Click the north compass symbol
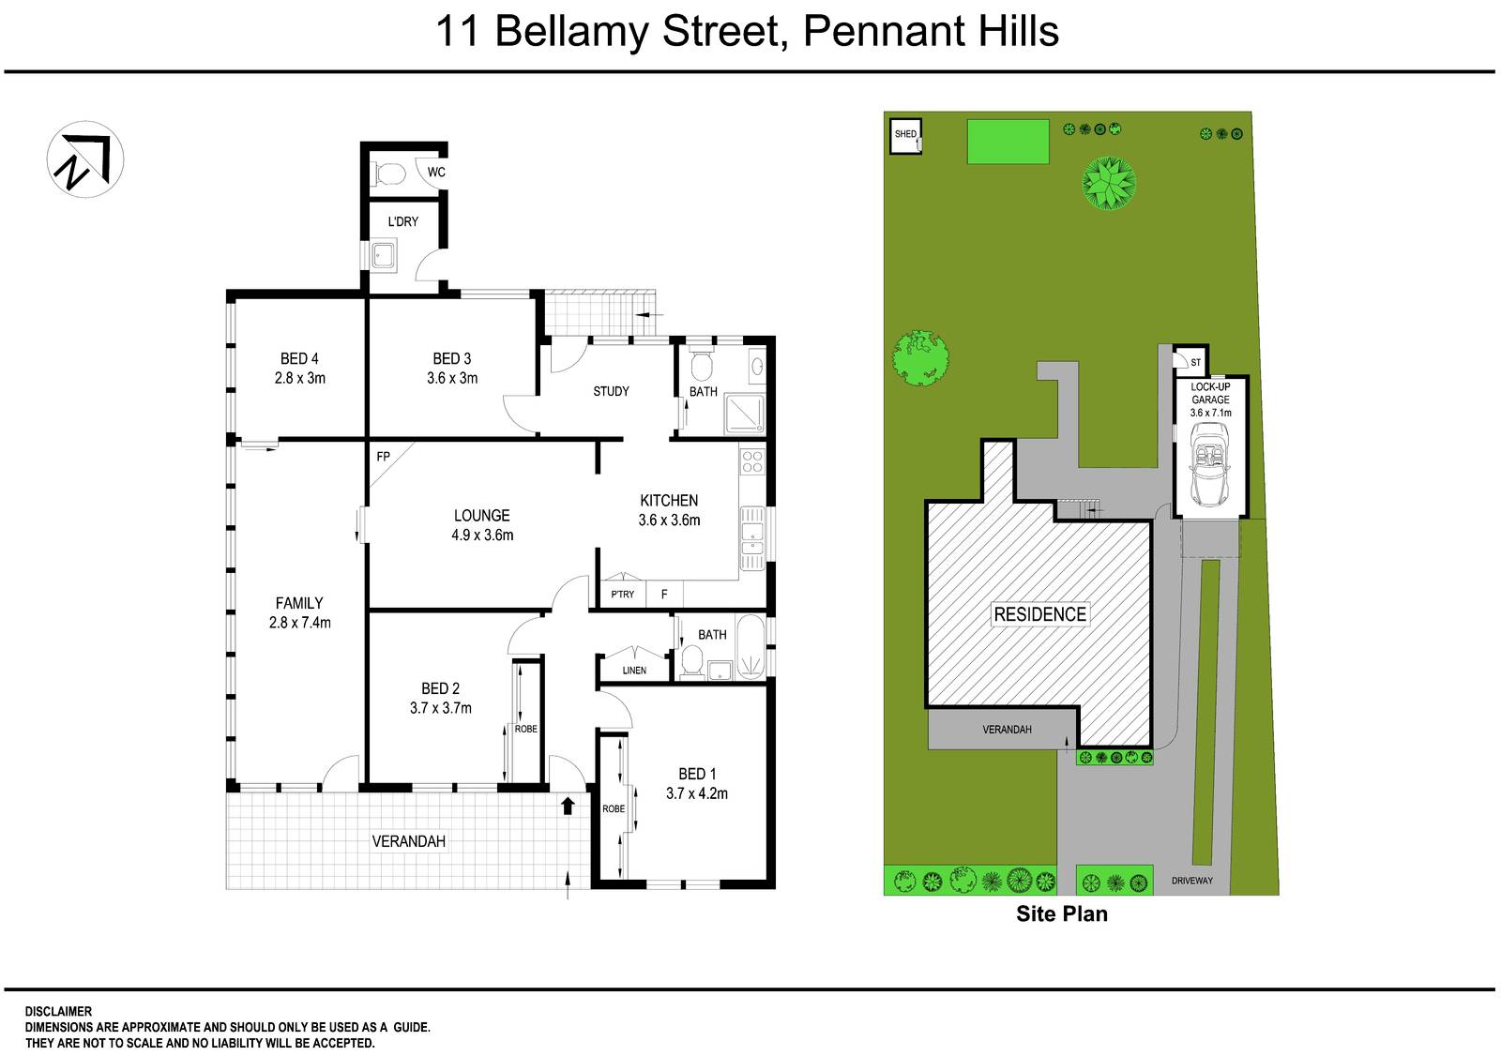85,158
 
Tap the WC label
436,173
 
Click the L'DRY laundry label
403,222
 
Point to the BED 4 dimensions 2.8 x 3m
299,379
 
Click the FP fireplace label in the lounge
383,457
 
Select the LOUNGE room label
481,515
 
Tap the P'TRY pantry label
622,595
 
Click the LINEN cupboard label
634,671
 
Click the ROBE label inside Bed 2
525,729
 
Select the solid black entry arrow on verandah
568,806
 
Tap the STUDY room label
611,391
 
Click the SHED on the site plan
905,135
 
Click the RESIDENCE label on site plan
1039,614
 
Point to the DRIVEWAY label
1191,881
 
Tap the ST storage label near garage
1195,363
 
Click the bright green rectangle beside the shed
1008,141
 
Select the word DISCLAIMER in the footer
58,1012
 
